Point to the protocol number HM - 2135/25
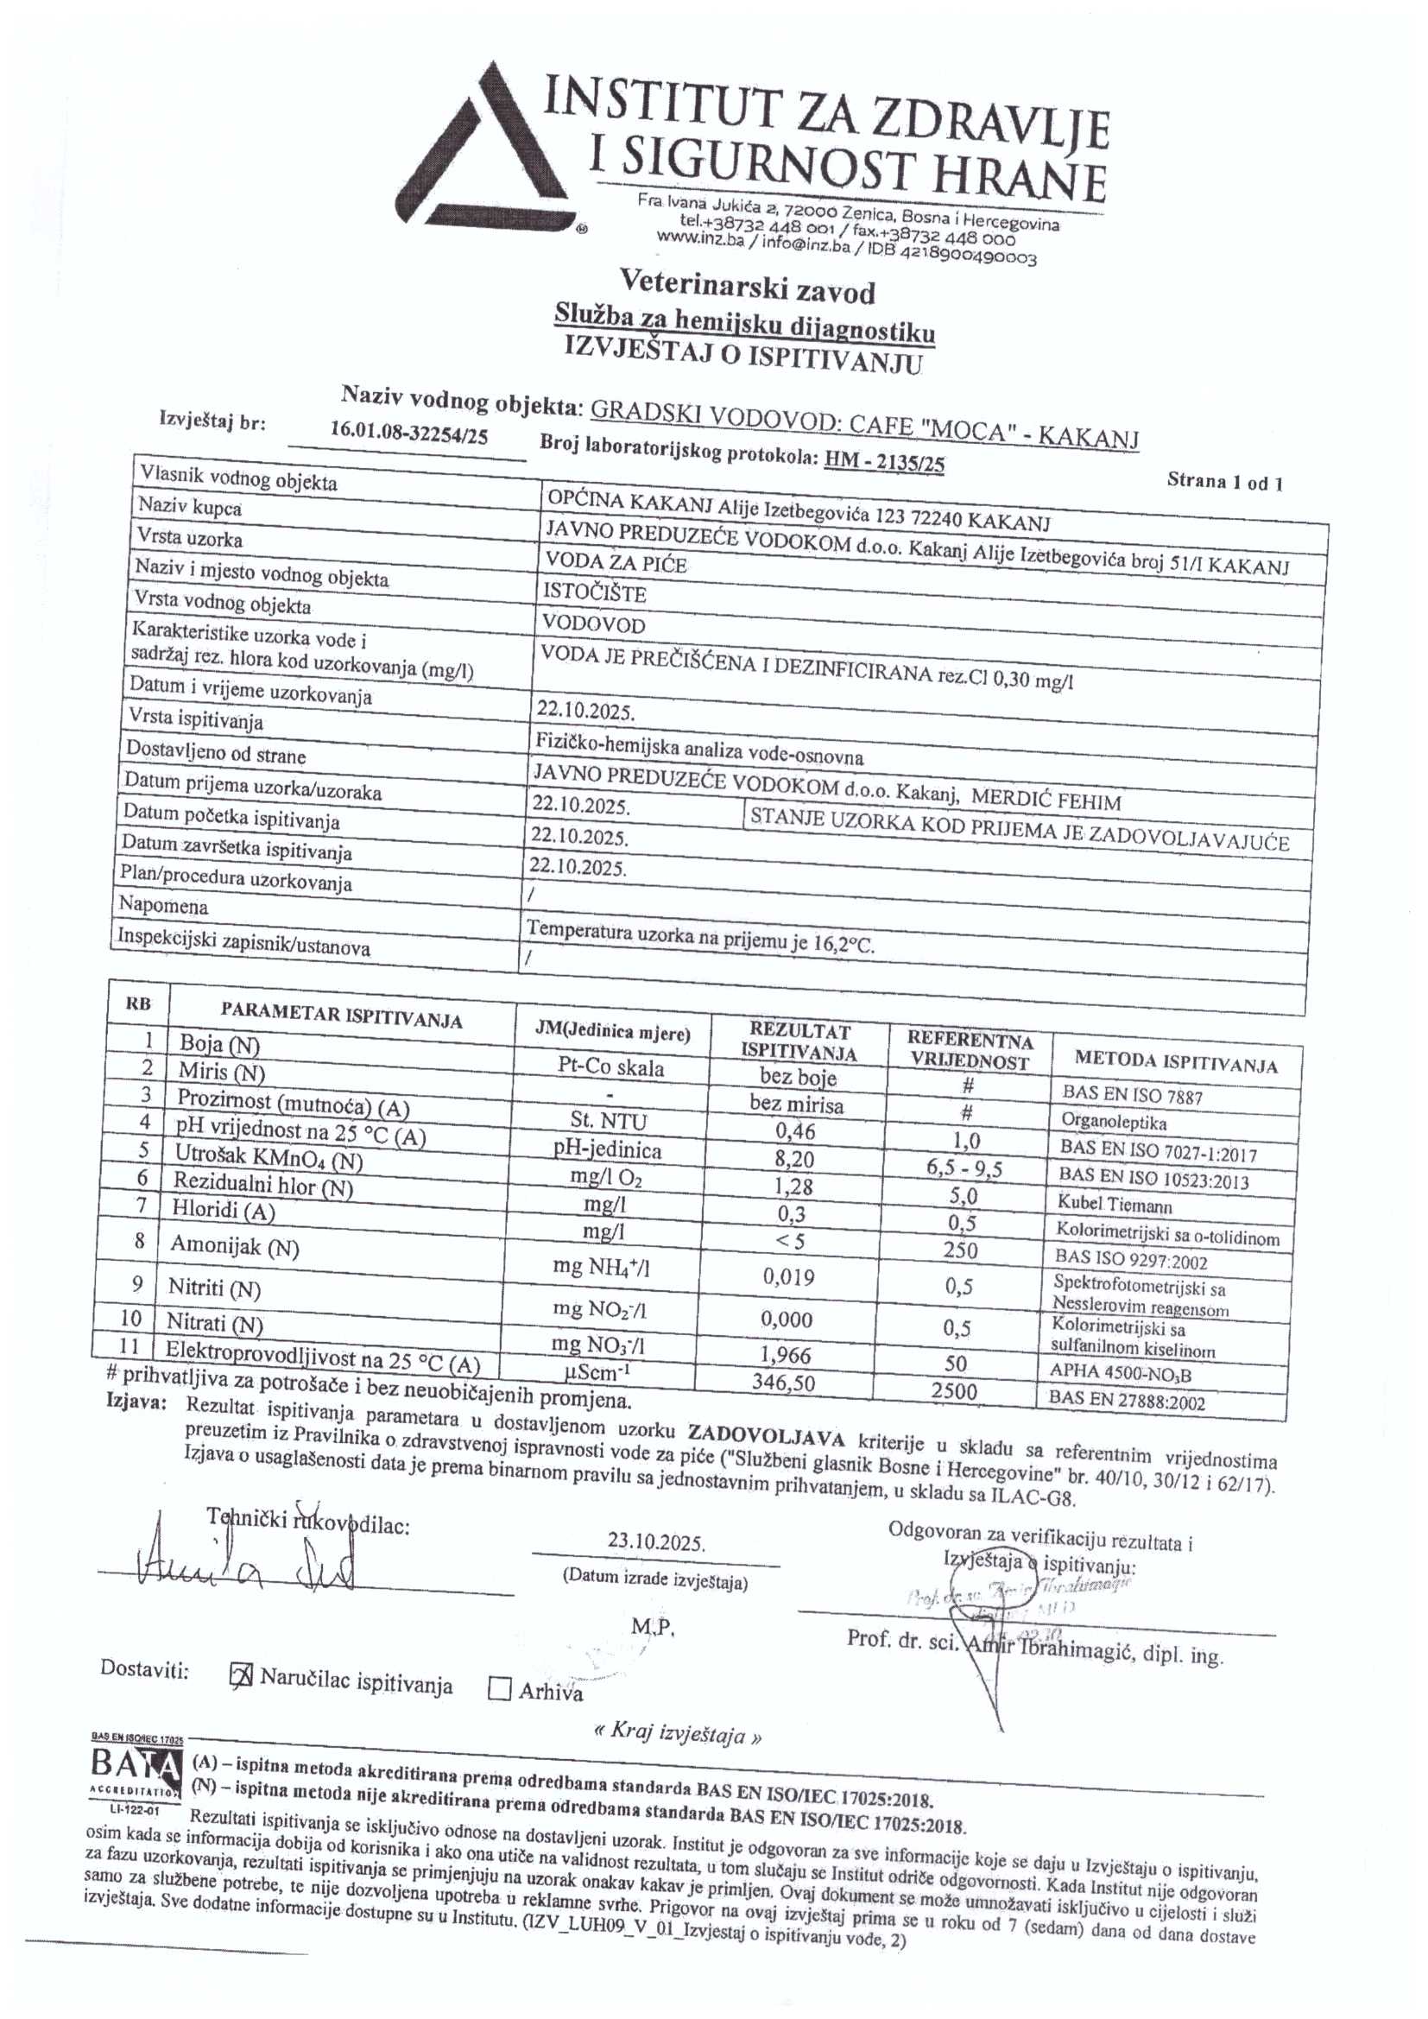[884, 461]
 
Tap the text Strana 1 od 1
[1224, 481]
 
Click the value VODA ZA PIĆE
[616, 563]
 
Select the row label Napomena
[163, 905]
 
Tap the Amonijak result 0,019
[789, 1276]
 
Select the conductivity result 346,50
[782, 1382]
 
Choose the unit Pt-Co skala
[611, 1068]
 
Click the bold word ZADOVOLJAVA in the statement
[766, 1440]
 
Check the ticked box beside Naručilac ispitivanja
[241, 1676]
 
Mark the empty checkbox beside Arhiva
[499, 1687]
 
